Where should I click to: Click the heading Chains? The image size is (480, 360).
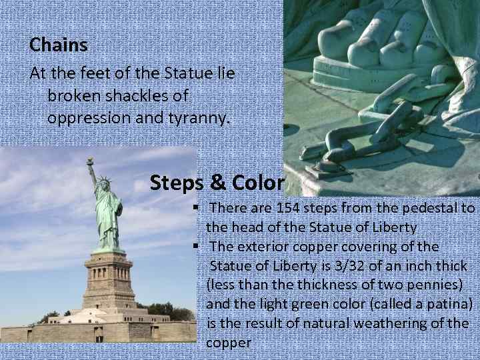click(59, 45)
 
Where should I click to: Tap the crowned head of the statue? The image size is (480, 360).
click(104, 184)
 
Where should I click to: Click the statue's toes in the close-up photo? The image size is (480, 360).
click(373, 40)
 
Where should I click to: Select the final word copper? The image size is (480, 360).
click(229, 343)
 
